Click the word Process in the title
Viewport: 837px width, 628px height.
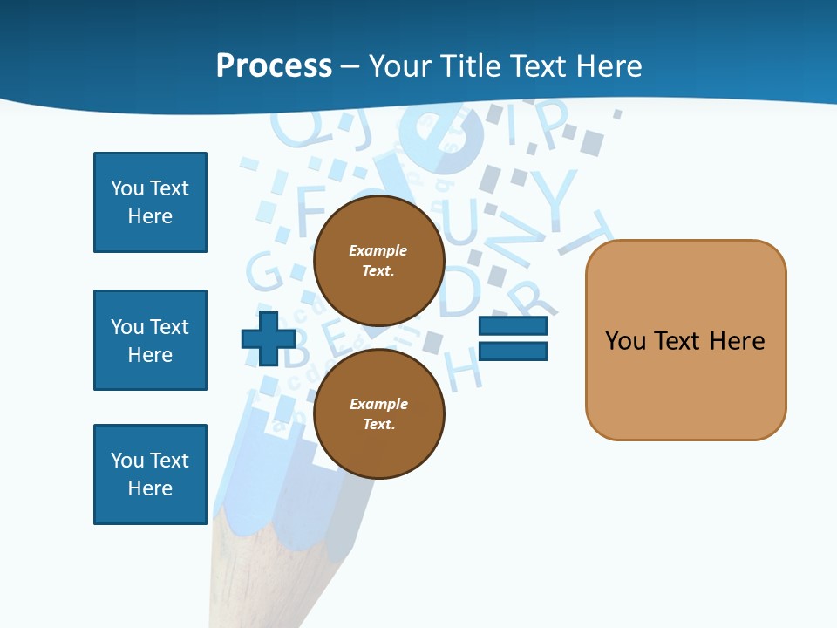click(274, 65)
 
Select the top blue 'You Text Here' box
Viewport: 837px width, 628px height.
click(150, 202)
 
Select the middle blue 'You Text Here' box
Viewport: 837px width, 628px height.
click(150, 340)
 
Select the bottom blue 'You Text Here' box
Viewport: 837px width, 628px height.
click(150, 474)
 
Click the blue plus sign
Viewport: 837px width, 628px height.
click(267, 338)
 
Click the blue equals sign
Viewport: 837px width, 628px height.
click(513, 338)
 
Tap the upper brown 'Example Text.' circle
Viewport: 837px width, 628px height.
click(378, 261)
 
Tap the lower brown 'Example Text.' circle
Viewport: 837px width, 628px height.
click(378, 413)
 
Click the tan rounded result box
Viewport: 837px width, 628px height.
click(685, 340)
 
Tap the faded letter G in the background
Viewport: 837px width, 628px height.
click(263, 272)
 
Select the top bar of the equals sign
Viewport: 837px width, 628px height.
click(513, 326)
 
